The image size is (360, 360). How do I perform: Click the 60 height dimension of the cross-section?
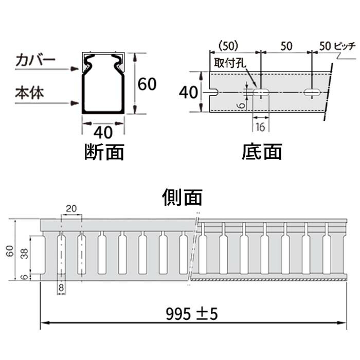point(147,83)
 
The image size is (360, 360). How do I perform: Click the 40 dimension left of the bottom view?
point(189,93)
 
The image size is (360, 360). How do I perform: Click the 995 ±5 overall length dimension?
point(192,312)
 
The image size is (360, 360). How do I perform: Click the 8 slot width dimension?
point(61,288)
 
